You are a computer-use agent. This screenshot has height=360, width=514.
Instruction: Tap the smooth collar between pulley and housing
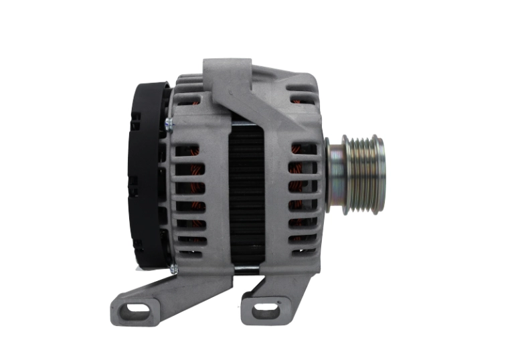click(x=334, y=175)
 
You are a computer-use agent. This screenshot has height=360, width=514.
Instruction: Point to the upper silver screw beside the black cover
click(x=167, y=122)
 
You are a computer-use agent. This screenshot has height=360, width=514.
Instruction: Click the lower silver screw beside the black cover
click(x=172, y=268)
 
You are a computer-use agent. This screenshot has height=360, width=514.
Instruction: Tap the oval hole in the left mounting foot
click(x=136, y=309)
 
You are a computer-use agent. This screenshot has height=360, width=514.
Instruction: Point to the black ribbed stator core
click(x=246, y=194)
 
